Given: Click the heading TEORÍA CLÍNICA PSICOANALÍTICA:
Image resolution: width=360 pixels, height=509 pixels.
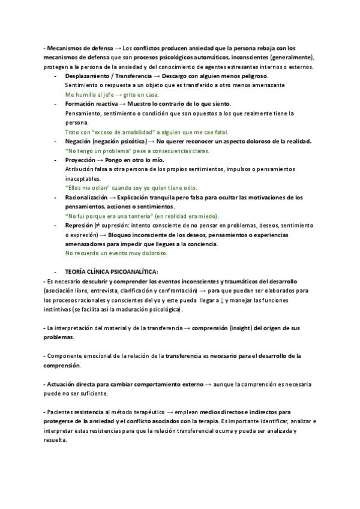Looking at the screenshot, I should pyautogui.click(x=112, y=272).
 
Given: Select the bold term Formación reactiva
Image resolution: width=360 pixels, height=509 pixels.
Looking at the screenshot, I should pyautogui.click(x=91, y=104).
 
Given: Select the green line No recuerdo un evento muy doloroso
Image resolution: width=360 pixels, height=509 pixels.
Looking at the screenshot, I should pyautogui.click(x=116, y=253).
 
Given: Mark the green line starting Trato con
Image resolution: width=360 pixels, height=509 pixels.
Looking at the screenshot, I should pyautogui.click(x=146, y=132).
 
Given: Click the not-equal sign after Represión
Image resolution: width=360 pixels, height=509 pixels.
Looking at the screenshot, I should pyautogui.click(x=97, y=225).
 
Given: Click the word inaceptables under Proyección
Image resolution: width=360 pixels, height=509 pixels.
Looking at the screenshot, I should pyautogui.click(x=82, y=178).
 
